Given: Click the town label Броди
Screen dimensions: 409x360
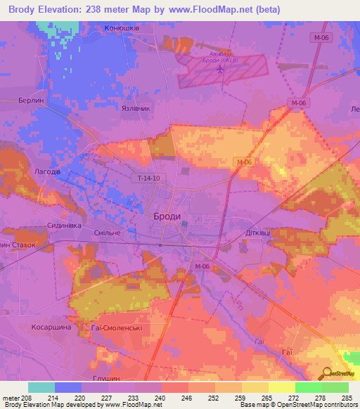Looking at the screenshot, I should (167, 217).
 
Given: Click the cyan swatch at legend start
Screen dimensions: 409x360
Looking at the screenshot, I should (41, 387).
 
